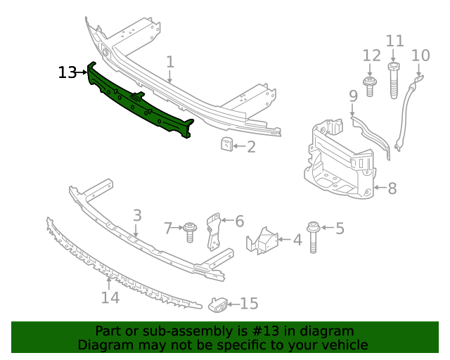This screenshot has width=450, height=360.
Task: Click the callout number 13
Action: [x=67, y=72]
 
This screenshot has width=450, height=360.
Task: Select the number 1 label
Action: [x=170, y=63]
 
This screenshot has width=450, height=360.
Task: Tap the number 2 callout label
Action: [x=251, y=147]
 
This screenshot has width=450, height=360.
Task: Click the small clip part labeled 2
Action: [x=226, y=145]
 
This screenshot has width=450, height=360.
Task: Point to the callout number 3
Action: [x=137, y=215]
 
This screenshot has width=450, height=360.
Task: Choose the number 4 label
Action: [x=297, y=240]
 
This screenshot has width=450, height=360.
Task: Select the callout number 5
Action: [x=340, y=228]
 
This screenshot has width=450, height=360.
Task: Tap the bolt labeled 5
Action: [x=314, y=237]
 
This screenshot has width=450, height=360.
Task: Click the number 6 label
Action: [x=239, y=221]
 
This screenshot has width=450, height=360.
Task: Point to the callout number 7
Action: [x=168, y=228]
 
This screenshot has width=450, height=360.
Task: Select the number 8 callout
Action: [x=392, y=188]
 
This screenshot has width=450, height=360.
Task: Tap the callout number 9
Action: [x=353, y=96]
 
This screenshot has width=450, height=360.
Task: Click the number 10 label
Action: [x=420, y=55]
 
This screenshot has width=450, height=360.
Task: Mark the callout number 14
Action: [x=110, y=297]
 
